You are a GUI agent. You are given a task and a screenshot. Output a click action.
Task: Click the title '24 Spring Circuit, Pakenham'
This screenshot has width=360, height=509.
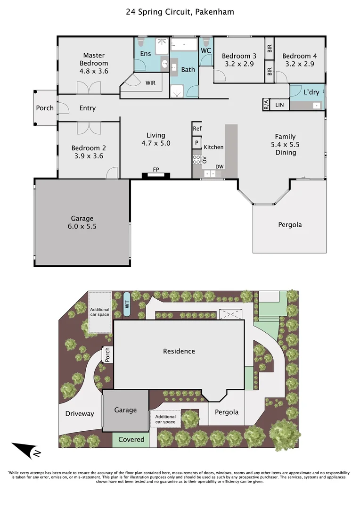pyautogui.click(x=180, y=12)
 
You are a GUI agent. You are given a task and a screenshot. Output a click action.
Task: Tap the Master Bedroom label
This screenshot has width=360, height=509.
pyautogui.click(x=94, y=59)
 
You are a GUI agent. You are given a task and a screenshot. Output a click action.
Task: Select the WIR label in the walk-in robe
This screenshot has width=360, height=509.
pyautogui.click(x=150, y=83)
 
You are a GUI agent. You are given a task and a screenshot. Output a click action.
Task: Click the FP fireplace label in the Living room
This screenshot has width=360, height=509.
pyautogui.click(x=155, y=169)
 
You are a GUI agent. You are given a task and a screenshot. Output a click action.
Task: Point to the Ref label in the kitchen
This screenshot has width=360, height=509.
pyautogui.click(x=197, y=128)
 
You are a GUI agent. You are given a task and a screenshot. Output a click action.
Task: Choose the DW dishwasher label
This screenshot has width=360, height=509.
pyautogui.click(x=220, y=166)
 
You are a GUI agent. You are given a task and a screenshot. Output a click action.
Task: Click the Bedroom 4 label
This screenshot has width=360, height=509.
pyautogui.click(x=300, y=56)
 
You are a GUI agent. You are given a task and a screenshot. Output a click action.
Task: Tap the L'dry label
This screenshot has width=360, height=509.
pyautogui.click(x=311, y=92)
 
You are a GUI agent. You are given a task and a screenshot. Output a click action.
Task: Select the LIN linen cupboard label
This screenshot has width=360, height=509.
pyautogui.click(x=279, y=105)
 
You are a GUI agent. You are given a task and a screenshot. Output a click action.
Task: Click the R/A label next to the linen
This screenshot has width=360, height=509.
pyautogui.click(x=266, y=105)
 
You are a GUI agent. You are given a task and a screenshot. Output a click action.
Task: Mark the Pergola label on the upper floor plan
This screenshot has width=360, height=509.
pyautogui.click(x=290, y=225)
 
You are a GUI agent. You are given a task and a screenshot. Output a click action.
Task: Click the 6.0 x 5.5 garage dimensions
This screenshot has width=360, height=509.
pyautogui.click(x=82, y=226)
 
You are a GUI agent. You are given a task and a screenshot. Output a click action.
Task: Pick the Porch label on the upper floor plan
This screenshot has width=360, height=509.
pyautogui.click(x=45, y=108)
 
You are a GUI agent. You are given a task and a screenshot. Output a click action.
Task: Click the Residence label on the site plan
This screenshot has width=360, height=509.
pyautogui.click(x=179, y=351)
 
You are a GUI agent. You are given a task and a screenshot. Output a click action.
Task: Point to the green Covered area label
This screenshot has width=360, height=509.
pyautogui.click(x=131, y=439)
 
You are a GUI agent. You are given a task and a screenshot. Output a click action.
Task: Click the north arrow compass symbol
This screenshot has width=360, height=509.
pyautogui.click(x=26, y=450)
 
